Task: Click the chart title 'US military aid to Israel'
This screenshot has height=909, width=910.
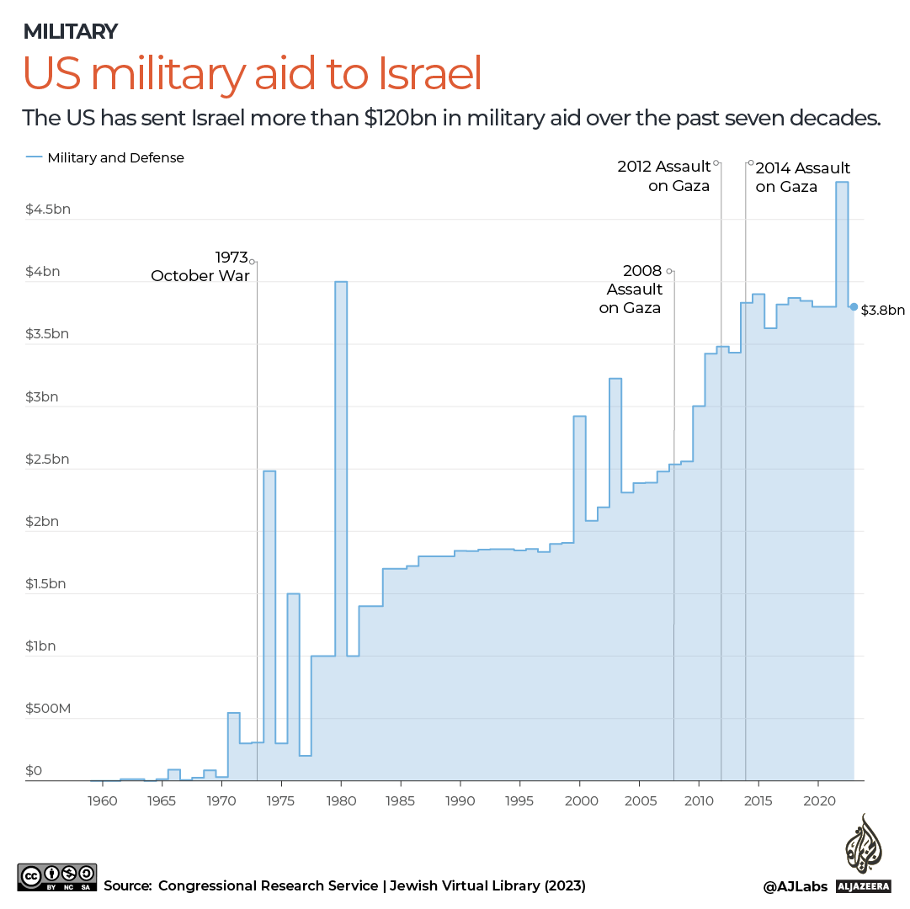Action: point(253,74)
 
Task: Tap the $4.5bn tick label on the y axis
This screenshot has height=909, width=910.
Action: point(48,209)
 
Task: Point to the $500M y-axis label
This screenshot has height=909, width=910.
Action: point(48,709)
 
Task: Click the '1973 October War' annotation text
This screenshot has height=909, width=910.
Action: point(200,266)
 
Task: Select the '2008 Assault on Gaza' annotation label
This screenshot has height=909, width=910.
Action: point(631,289)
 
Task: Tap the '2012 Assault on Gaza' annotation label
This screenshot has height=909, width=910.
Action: point(665,176)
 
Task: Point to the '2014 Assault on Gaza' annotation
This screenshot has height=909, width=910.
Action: point(801,177)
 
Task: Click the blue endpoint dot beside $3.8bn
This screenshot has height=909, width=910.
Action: point(854,307)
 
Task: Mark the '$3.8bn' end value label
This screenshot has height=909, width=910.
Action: point(882,311)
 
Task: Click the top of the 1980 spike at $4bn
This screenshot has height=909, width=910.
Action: point(341,282)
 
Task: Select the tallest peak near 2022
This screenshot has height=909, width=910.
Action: point(842,183)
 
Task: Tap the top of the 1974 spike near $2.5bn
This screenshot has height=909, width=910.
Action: point(269,471)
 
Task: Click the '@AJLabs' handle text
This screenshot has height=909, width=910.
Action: point(795,885)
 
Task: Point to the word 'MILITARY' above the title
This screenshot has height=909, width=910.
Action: point(70,32)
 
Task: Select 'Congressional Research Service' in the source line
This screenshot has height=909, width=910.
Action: point(268,885)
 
